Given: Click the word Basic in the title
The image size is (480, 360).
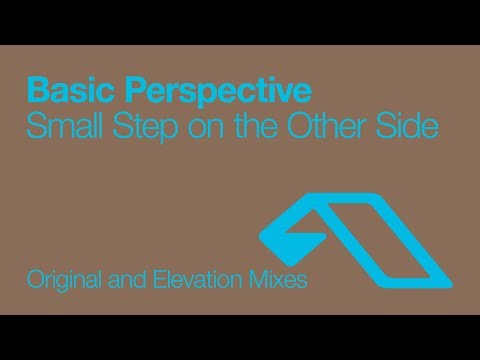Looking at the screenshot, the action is (71, 90).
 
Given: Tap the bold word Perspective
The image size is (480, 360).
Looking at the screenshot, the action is (218, 92).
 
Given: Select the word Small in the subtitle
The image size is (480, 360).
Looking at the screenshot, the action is (65, 126).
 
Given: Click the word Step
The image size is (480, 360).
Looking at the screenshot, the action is (145, 128).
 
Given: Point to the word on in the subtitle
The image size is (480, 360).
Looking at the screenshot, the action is (205, 130).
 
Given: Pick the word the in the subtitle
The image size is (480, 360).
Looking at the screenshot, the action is (256, 126).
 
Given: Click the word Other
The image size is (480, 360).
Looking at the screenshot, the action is (326, 126).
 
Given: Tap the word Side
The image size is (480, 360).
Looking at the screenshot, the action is (407, 126).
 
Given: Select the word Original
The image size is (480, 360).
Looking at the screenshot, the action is (64, 280).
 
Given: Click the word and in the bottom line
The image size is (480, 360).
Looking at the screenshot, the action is (127, 279).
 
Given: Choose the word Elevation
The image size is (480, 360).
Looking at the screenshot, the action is (198, 279).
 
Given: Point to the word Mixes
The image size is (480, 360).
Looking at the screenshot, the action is (278, 279).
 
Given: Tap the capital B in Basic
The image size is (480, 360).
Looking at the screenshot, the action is (36, 90).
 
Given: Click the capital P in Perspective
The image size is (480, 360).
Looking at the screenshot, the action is (134, 90).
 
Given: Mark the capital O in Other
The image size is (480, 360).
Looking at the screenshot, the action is (299, 126).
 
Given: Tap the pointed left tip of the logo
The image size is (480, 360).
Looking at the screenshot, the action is (260, 236).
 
